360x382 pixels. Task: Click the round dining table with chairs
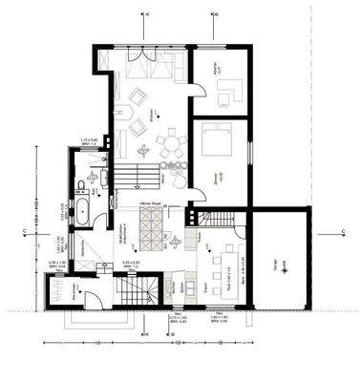[171, 147]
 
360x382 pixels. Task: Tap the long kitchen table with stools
[218, 259]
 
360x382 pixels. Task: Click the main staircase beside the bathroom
[137, 175]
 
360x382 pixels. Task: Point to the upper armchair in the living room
[138, 96]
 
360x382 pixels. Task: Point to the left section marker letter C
[21, 233]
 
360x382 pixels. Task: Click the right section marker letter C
[343, 233]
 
